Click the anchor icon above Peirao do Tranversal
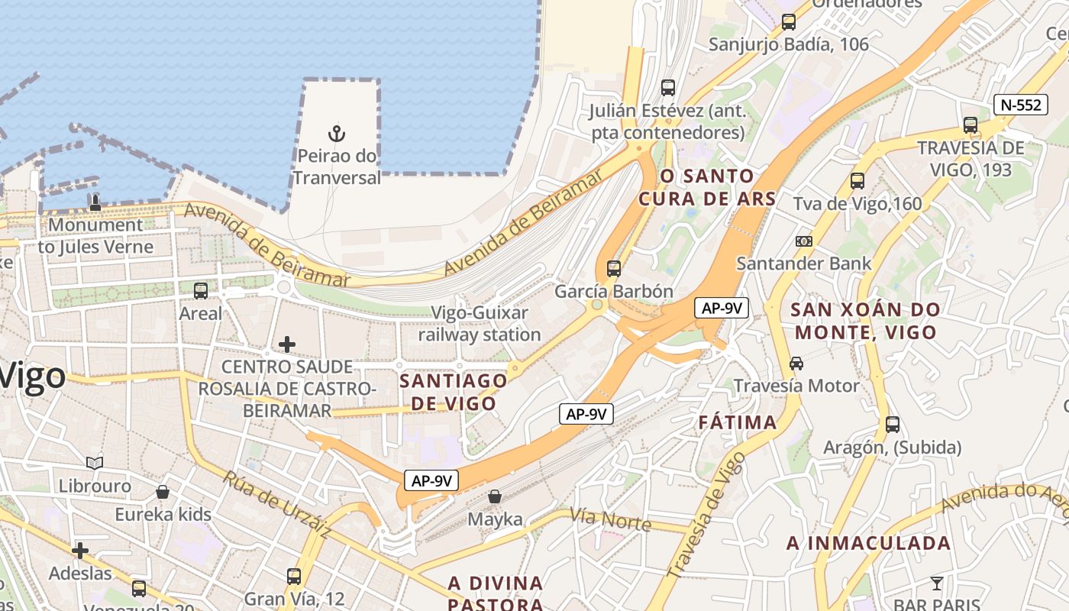point(337,134)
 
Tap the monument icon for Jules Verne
point(95,202)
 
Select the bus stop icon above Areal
point(201,291)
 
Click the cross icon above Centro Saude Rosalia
point(287,344)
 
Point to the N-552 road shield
point(1020,105)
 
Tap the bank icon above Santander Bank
point(803,241)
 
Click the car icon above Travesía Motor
point(796,364)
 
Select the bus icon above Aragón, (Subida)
point(892,425)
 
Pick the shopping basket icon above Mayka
point(495,497)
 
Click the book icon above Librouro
point(95,463)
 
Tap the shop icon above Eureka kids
point(163,492)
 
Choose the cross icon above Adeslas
point(80,550)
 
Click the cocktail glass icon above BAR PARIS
point(937,584)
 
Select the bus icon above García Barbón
point(613,269)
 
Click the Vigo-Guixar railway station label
point(480,324)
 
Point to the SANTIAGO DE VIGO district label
point(454,392)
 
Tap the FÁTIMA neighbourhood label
point(738,422)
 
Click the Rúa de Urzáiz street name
point(276,504)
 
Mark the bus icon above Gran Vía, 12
point(294,577)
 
